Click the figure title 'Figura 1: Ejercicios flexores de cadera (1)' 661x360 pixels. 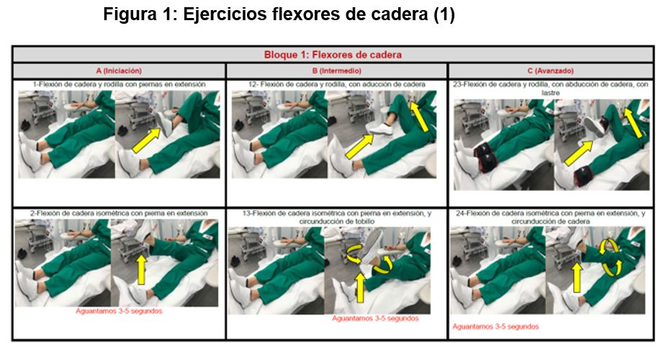(x=279, y=14)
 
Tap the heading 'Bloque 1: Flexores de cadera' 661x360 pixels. (x=333, y=55)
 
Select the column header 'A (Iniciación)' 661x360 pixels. (x=119, y=71)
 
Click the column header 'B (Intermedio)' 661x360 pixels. (x=336, y=71)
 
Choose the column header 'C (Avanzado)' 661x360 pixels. (x=551, y=71)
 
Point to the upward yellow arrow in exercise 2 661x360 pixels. (x=142, y=270)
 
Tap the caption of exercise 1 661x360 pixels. (x=120, y=84)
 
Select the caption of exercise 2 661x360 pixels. (x=119, y=213)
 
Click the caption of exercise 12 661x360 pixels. (x=336, y=84)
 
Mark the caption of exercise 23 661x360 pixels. (x=551, y=88)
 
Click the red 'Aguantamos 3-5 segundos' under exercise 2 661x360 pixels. (x=119, y=311)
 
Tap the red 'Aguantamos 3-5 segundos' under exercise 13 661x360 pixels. (x=375, y=319)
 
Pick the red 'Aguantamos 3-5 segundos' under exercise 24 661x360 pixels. (x=495, y=327)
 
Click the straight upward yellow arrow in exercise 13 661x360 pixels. (x=360, y=287)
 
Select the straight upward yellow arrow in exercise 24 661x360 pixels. (x=577, y=277)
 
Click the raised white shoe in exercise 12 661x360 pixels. (x=381, y=130)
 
